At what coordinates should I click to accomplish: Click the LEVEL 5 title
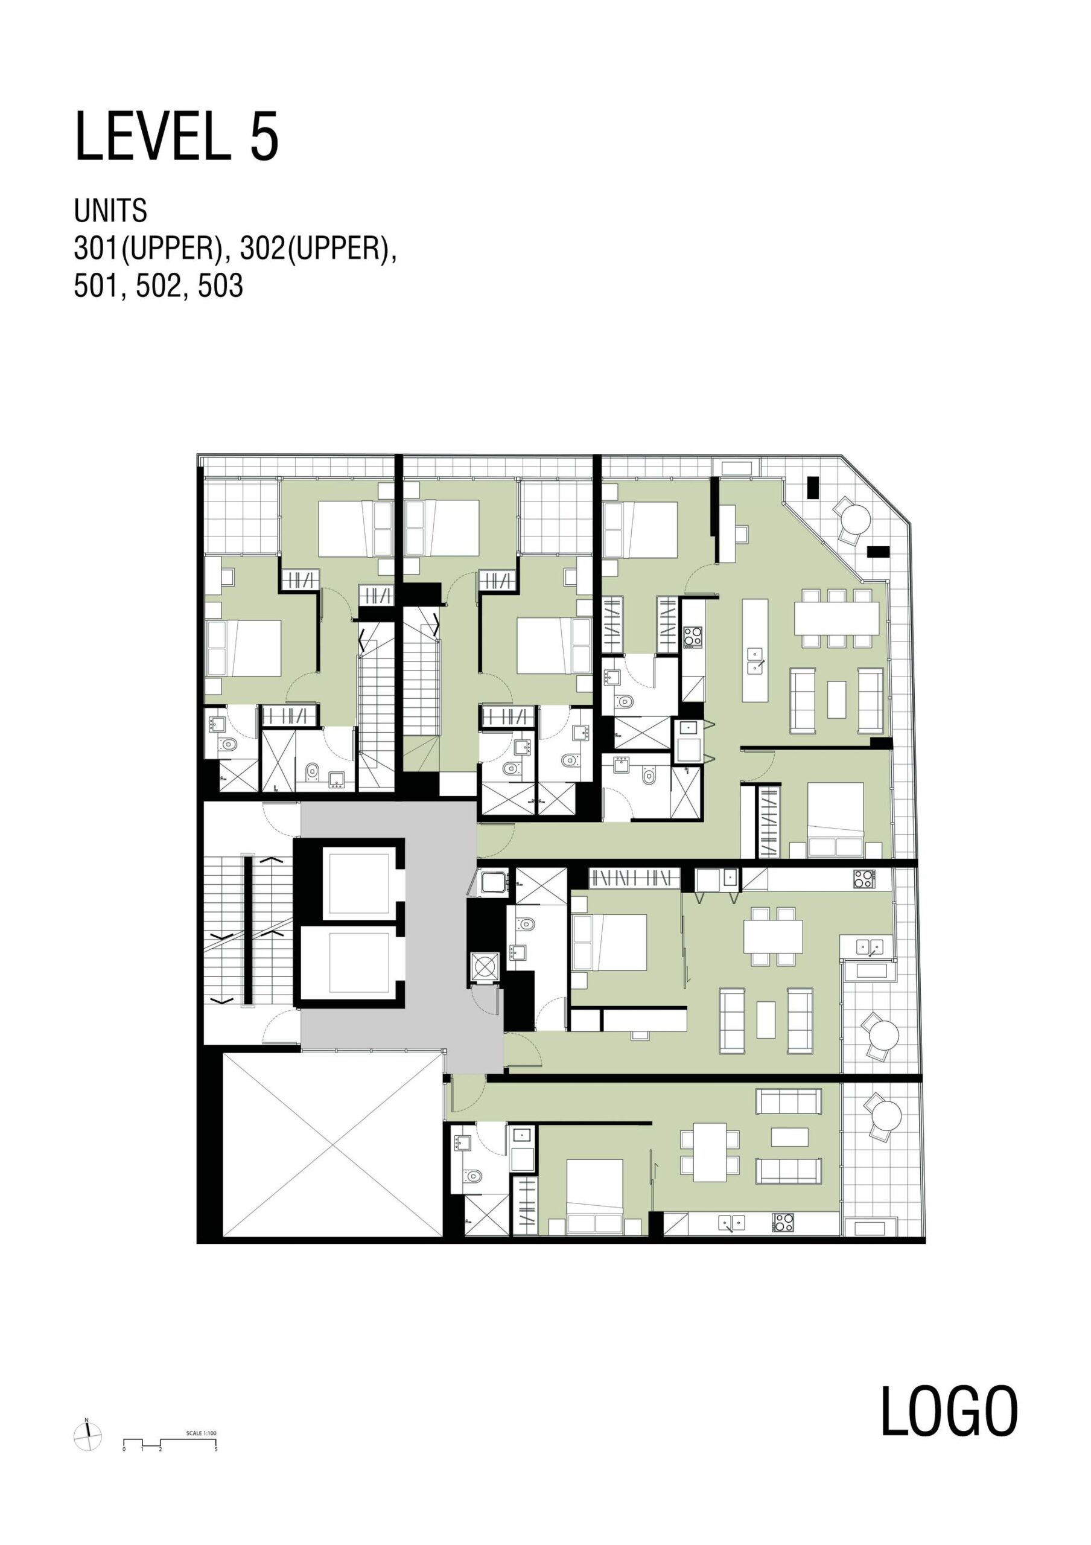pos(176,137)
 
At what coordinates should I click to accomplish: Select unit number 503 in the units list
pos(220,287)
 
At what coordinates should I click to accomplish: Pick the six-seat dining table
pos(836,618)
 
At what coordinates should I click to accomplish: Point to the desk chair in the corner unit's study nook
pos(741,534)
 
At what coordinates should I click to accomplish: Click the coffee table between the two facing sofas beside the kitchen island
pos(836,699)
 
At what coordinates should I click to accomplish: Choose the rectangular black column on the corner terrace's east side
pos(878,551)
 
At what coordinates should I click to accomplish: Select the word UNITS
pos(110,211)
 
